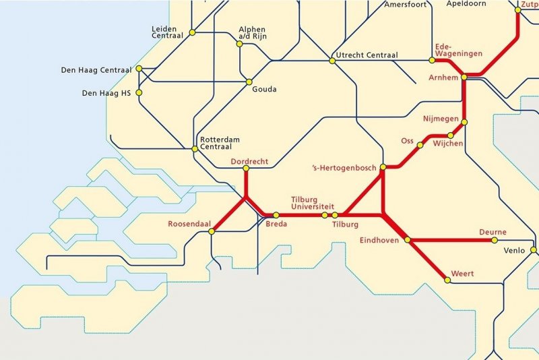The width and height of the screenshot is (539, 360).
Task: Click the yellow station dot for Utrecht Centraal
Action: point(331,61)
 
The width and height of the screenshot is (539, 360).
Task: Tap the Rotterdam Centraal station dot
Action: point(195,149)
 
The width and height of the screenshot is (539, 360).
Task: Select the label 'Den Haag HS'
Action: point(106,93)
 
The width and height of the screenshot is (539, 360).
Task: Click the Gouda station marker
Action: point(249,82)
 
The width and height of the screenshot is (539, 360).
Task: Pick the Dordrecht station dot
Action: point(246,169)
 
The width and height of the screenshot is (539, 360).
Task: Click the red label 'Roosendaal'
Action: point(188,224)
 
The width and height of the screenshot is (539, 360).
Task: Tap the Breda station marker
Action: point(276,215)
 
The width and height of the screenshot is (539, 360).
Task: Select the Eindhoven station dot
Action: point(408,239)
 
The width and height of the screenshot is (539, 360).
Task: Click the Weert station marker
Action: point(445,279)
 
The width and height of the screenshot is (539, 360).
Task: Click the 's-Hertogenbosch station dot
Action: point(383,167)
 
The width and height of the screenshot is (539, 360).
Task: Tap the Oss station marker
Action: point(420,145)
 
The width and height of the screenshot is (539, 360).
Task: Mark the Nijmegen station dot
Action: point(464,122)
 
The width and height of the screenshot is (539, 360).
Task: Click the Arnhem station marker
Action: point(464,78)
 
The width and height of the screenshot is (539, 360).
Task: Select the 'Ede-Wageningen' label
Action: point(451,49)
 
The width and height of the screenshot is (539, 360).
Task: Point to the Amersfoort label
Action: point(406,5)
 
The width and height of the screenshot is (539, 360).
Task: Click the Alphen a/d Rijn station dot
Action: point(239,44)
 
